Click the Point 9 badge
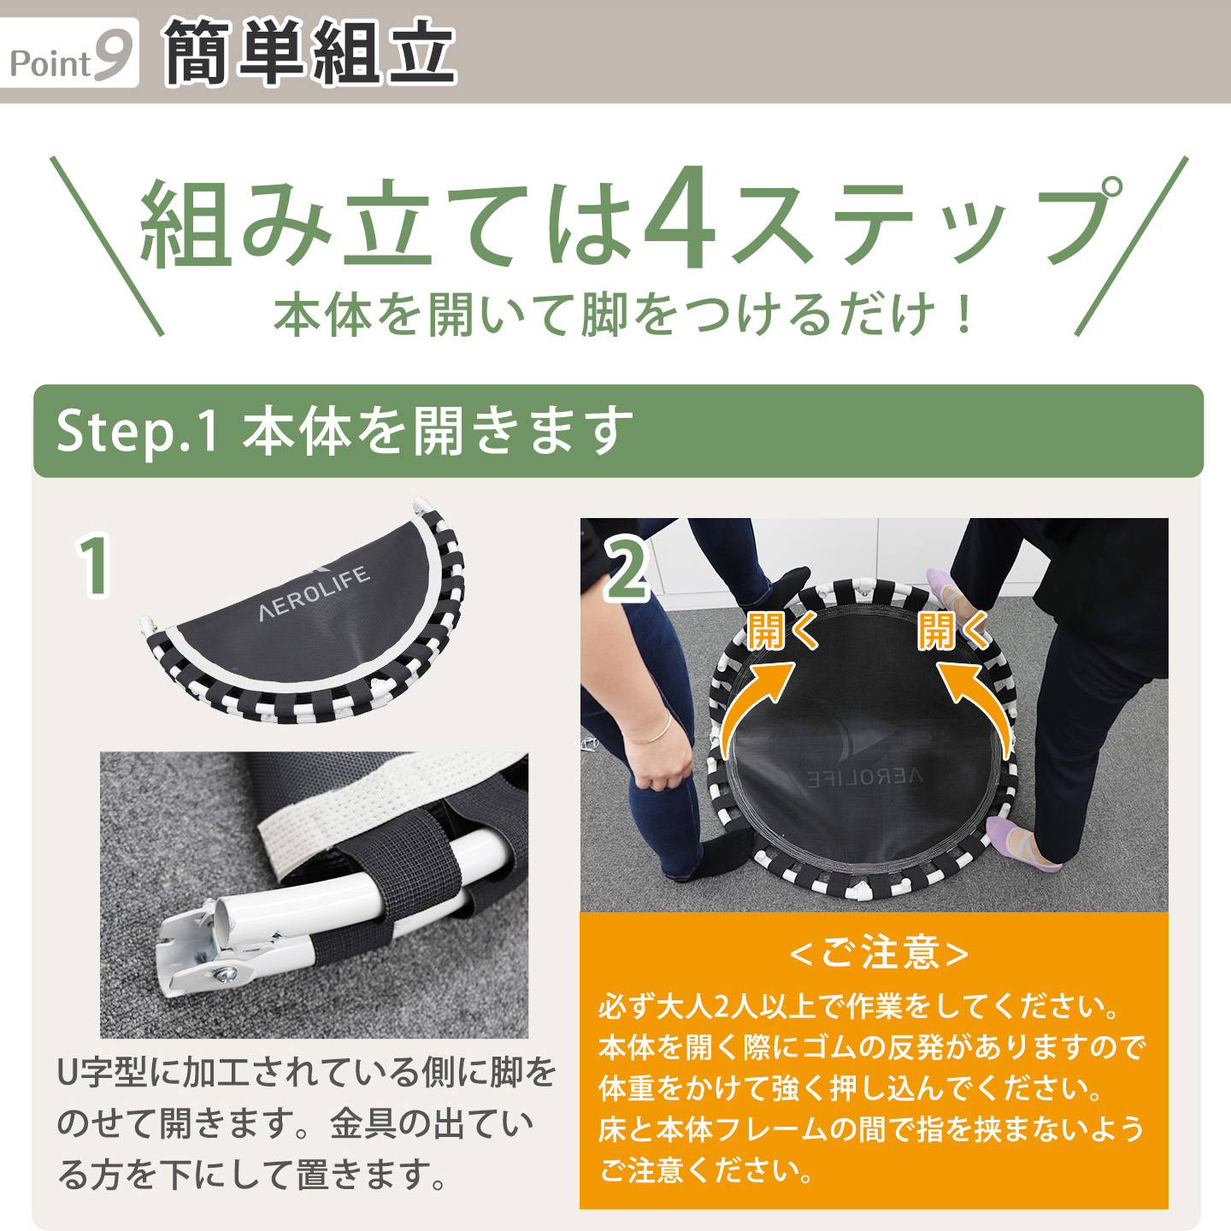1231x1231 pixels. [70, 53]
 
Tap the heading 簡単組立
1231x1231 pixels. [309, 53]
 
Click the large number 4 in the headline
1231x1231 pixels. [680, 221]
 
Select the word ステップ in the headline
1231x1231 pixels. [923, 222]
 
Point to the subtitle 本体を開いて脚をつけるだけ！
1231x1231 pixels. [624, 315]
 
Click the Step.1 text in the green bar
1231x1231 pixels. [137, 431]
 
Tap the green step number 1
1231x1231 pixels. [94, 565]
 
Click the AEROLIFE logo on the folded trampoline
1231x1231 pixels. [315, 592]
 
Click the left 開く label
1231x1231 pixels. [781, 632]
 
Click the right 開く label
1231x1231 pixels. [952, 632]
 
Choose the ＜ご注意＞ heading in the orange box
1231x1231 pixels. [879, 953]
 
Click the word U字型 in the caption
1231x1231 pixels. [103, 1072]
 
